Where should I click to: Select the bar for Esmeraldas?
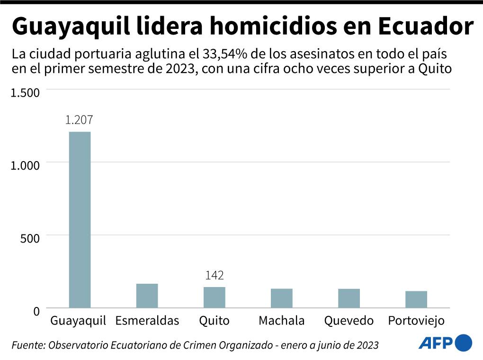(147, 296)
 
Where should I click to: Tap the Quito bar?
(214, 297)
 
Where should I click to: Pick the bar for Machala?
(281, 298)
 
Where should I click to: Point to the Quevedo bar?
(349, 298)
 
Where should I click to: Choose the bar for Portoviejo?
(416, 299)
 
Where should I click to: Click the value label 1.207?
(79, 120)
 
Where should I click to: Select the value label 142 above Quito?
(214, 275)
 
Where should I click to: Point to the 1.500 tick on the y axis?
(25, 93)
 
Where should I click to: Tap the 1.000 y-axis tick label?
(25, 165)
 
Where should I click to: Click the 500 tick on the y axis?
(29, 238)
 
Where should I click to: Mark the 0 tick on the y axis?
(36, 311)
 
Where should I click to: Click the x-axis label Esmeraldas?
(147, 321)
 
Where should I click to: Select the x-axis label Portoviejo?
(416, 321)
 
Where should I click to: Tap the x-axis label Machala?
(281, 321)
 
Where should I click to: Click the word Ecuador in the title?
(426, 27)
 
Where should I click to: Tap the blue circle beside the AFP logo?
(463, 342)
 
